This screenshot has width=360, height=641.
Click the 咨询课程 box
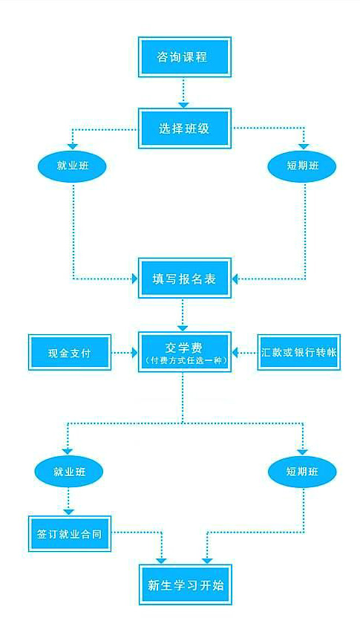coord(185,57)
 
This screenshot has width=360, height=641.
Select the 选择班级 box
coord(185,128)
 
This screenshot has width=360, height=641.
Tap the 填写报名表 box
coord(185,279)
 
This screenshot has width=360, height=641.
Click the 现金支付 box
coord(70,352)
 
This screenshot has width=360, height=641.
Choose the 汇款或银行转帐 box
coord(299,352)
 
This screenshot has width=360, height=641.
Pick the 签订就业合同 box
coord(70,533)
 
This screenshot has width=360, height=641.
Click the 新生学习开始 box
coord(185,585)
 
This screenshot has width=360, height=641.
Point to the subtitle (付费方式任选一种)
coord(185,361)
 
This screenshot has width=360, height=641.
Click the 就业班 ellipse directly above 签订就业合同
coord(69,472)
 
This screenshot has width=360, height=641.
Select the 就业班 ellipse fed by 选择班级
coord(72,166)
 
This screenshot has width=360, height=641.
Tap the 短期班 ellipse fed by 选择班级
coord(302,166)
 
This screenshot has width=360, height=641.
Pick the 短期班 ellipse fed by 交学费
coord(302,472)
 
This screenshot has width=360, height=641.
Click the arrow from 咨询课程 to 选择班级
coord(184,93)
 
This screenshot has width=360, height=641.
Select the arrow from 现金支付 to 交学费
coord(125,352)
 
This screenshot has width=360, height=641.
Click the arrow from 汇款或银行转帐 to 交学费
coord(245,352)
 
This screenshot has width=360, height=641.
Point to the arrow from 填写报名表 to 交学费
coord(183,315)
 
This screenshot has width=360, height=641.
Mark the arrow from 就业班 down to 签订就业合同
coord(69,501)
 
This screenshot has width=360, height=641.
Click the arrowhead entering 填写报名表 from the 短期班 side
coord(235,279)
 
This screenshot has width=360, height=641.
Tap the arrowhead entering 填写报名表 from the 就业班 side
coord(134,279)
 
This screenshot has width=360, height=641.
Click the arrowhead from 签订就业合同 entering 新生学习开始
coord(163,561)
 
